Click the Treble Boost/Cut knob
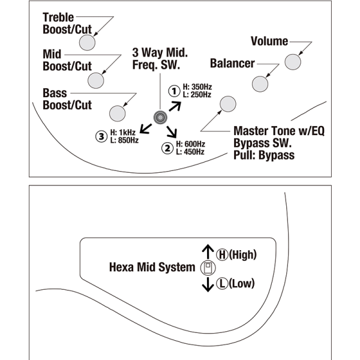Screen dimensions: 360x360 (88, 42)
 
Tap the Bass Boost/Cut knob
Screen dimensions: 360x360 (117, 112)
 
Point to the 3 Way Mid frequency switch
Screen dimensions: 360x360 (160, 117)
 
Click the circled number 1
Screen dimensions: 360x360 (174, 91)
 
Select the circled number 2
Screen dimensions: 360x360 (167, 148)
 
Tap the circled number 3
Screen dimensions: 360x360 (101, 136)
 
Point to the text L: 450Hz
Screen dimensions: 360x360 (191, 152)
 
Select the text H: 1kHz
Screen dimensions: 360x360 (124, 133)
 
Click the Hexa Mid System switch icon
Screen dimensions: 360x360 (207, 268)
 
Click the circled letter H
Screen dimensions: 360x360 (222, 254)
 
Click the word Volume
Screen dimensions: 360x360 (269, 41)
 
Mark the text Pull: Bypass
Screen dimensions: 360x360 (264, 155)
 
